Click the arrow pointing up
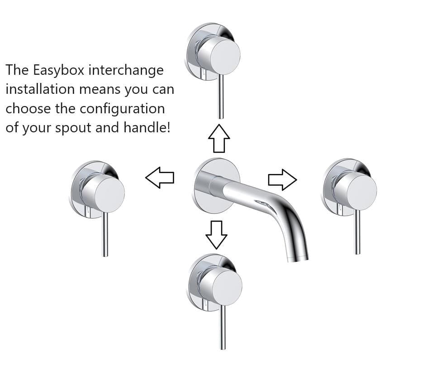tap(219, 138)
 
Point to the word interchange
tap(126, 70)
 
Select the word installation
tap(40, 89)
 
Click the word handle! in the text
tap(147, 128)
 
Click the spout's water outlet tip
tap(298, 257)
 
